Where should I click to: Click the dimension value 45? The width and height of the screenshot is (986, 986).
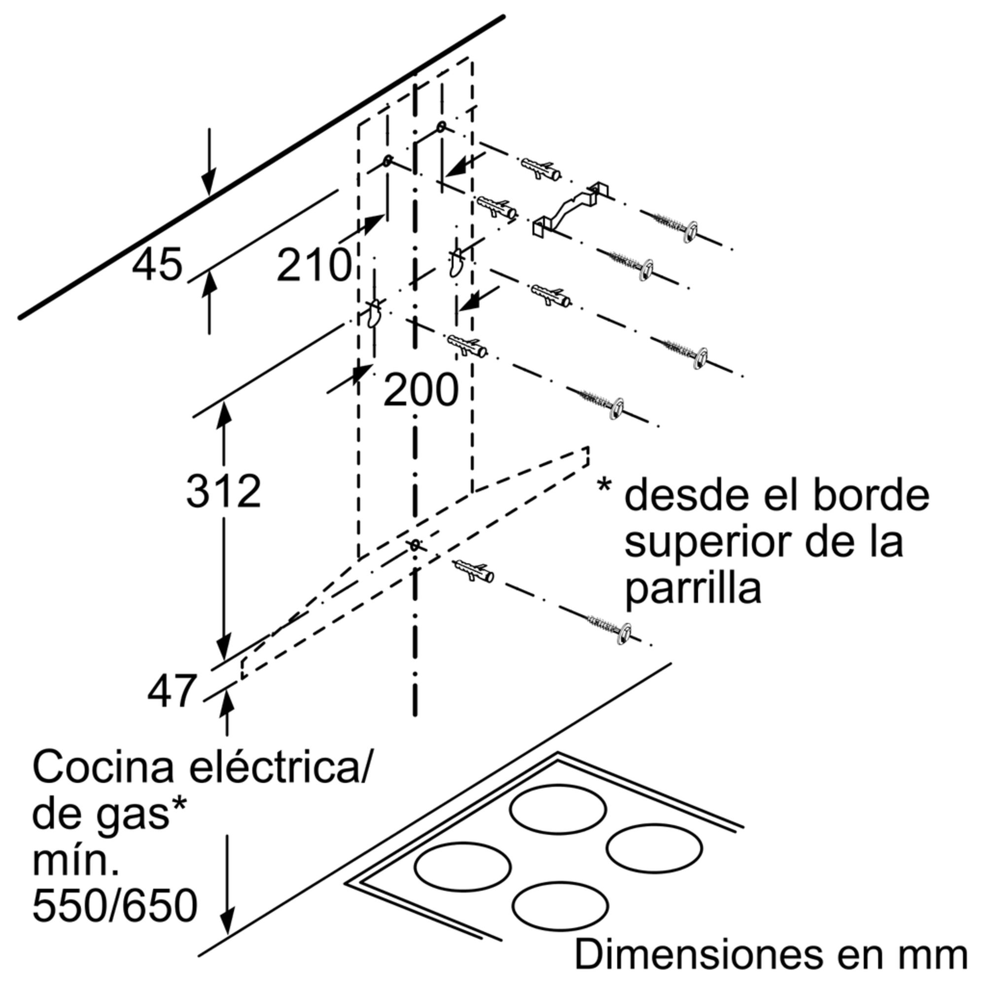tap(157, 264)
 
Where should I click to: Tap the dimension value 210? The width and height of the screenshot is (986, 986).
tap(314, 265)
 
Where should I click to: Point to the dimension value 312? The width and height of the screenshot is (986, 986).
tap(223, 491)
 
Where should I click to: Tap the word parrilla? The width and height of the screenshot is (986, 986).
tap(693, 589)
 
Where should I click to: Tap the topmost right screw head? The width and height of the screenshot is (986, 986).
tap(690, 233)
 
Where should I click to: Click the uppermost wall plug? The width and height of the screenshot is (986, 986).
tap(540, 169)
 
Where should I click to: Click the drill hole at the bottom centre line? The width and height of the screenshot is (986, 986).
tap(415, 545)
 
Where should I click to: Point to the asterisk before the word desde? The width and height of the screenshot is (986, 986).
tap(604, 483)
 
